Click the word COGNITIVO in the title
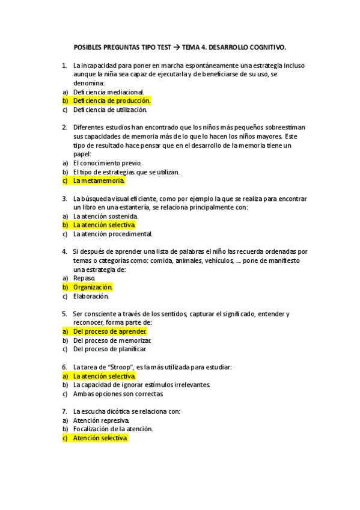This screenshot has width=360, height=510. click(264, 46)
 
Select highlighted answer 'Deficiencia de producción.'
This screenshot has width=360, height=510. click(112, 101)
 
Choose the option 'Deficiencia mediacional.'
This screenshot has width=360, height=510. click(108, 92)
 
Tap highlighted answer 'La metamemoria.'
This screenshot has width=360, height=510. click(99, 180)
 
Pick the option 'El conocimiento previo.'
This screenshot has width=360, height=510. click(107, 162)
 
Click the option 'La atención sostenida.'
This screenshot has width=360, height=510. click(105, 216)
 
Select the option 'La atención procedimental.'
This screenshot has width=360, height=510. click(112, 234)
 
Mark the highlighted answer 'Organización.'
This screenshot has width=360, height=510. click(93, 287)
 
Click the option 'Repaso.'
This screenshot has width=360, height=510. click(84, 278)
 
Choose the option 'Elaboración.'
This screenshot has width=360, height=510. click(91, 296)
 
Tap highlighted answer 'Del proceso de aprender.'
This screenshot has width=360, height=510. click(110, 331)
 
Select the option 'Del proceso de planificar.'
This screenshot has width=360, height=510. click(109, 349)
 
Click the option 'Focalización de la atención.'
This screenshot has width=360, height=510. click(113, 429)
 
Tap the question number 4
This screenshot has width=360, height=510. click(64, 251)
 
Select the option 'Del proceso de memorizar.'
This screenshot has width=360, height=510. click(112, 340)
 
